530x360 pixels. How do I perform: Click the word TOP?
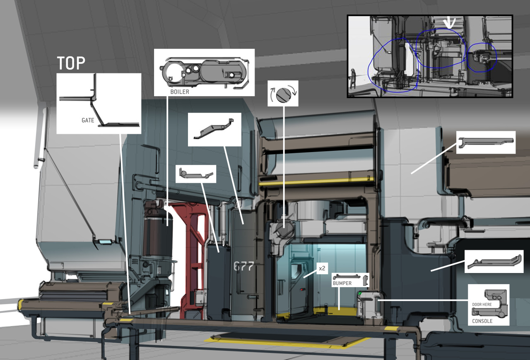(71, 63)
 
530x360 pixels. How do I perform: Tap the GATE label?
(88, 120)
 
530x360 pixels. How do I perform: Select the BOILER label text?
(180, 92)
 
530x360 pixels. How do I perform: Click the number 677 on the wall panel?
(244, 266)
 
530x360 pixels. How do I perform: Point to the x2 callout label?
(322, 268)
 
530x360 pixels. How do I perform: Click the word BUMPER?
(342, 283)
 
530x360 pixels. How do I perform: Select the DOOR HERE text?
(482, 304)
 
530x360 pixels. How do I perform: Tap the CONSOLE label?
(482, 321)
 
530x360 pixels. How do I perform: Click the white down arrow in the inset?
(449, 23)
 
